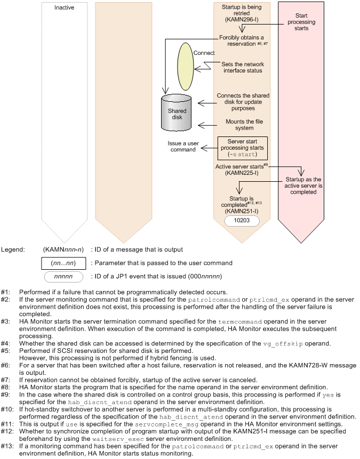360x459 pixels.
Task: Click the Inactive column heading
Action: coord(64,8)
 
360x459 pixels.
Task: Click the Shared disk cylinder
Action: coord(178,112)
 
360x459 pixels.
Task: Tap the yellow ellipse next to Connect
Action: coord(184,66)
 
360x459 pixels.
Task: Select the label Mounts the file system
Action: coord(240,125)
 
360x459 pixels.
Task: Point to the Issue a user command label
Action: coord(184,147)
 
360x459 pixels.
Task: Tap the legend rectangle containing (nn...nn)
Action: coord(63,263)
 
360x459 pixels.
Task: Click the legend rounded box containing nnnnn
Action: coord(63,277)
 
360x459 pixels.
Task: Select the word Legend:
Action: coord(12,249)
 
